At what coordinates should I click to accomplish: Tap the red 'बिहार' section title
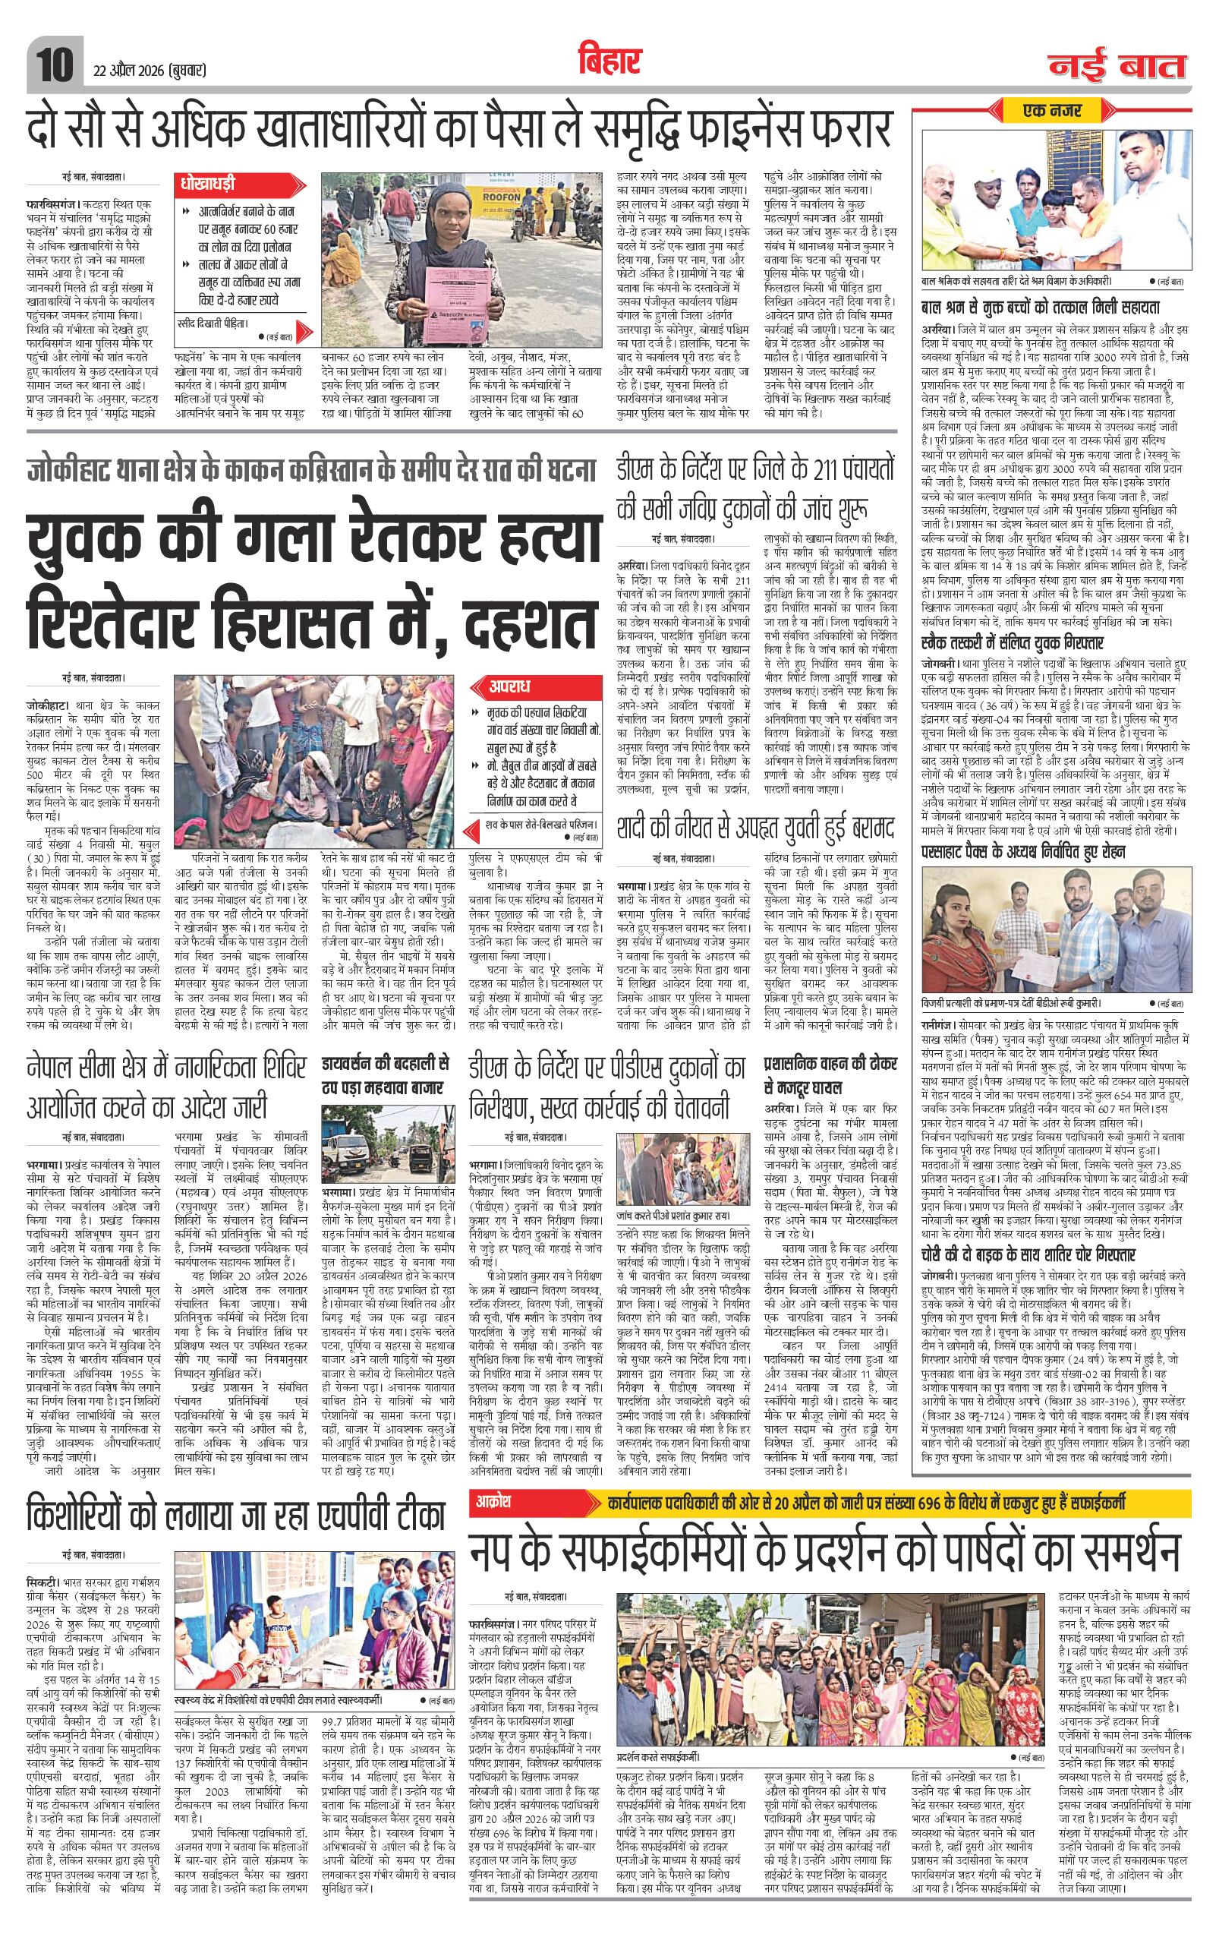pyautogui.click(x=609, y=62)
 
